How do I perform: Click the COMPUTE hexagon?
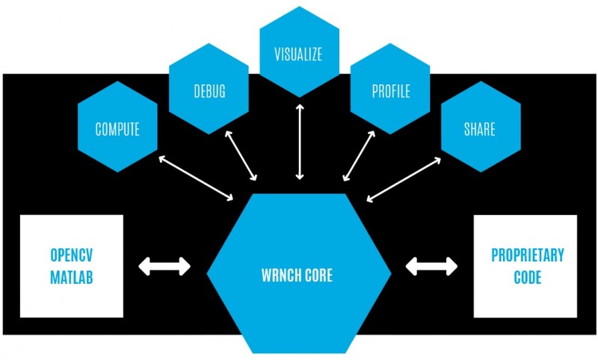click(117, 128)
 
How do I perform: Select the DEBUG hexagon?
click(209, 92)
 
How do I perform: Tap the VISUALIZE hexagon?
click(299, 54)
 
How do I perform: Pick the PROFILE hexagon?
click(390, 92)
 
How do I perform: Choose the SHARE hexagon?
click(479, 128)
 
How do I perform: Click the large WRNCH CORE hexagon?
click(299, 275)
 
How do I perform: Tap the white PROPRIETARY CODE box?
click(525, 265)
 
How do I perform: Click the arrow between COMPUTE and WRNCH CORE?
click(195, 178)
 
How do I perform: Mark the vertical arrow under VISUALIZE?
click(300, 142)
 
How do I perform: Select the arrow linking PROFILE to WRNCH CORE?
click(358, 158)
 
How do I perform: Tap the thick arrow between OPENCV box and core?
click(165, 265)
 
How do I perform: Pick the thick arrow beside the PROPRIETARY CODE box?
click(431, 265)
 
